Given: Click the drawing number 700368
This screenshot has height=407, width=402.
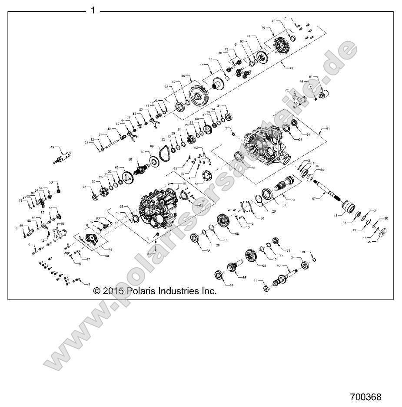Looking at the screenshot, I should [365, 397].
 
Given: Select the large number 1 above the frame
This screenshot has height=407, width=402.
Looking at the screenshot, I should [93, 10].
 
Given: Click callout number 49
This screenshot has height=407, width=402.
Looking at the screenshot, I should [53, 147].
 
